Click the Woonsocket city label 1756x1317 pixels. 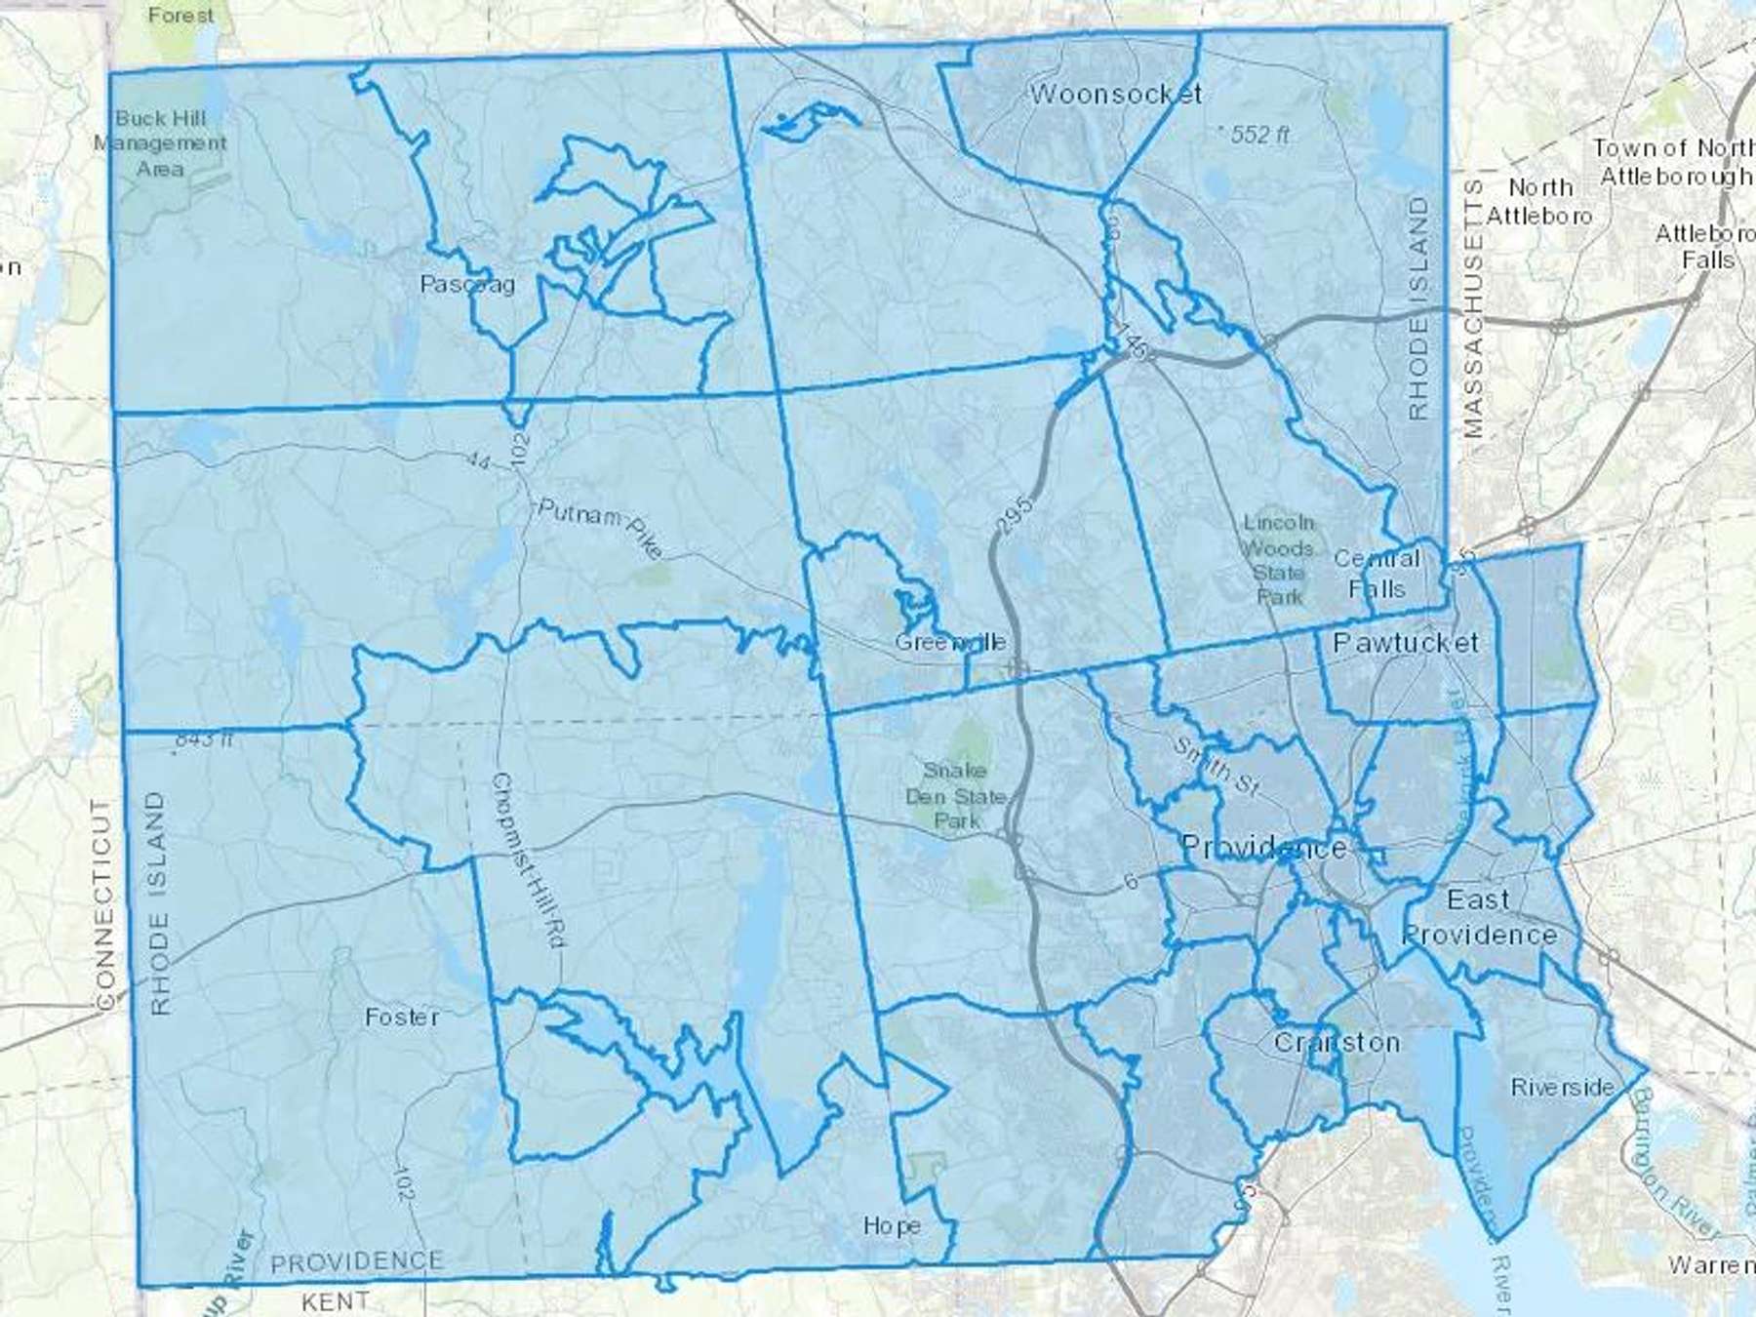coord(1115,94)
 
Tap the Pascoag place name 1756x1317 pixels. coord(467,284)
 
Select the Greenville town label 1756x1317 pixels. coord(950,642)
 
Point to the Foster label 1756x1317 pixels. coord(402,1017)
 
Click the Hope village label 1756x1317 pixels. coord(892,1225)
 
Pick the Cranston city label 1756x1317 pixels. coord(1337,1042)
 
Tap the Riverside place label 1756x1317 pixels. coord(1562,1087)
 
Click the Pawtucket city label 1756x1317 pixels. coord(1405,642)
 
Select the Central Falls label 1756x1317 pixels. coord(1377,574)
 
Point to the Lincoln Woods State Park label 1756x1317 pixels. coord(1278,559)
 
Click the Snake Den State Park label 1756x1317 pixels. coord(955,795)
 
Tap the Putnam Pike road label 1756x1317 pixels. coord(600,527)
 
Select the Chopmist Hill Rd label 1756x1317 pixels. coord(529,860)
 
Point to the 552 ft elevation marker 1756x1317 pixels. coord(1258,135)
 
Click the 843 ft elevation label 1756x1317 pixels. coord(203,738)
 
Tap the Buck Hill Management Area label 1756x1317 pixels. coord(161,143)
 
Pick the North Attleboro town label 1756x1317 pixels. coord(1539,201)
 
